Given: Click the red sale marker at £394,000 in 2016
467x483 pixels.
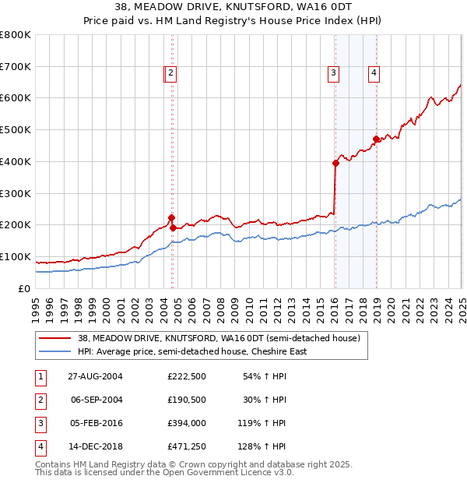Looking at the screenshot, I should (x=335, y=163).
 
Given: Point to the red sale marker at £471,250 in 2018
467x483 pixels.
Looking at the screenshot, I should (x=376, y=139).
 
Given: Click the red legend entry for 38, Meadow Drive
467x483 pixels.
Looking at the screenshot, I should (x=219, y=339).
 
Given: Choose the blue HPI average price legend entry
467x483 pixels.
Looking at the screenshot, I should (x=192, y=351).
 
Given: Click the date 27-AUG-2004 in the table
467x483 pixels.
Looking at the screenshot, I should (x=95, y=376).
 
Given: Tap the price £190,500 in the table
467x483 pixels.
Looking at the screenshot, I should (x=186, y=400).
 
